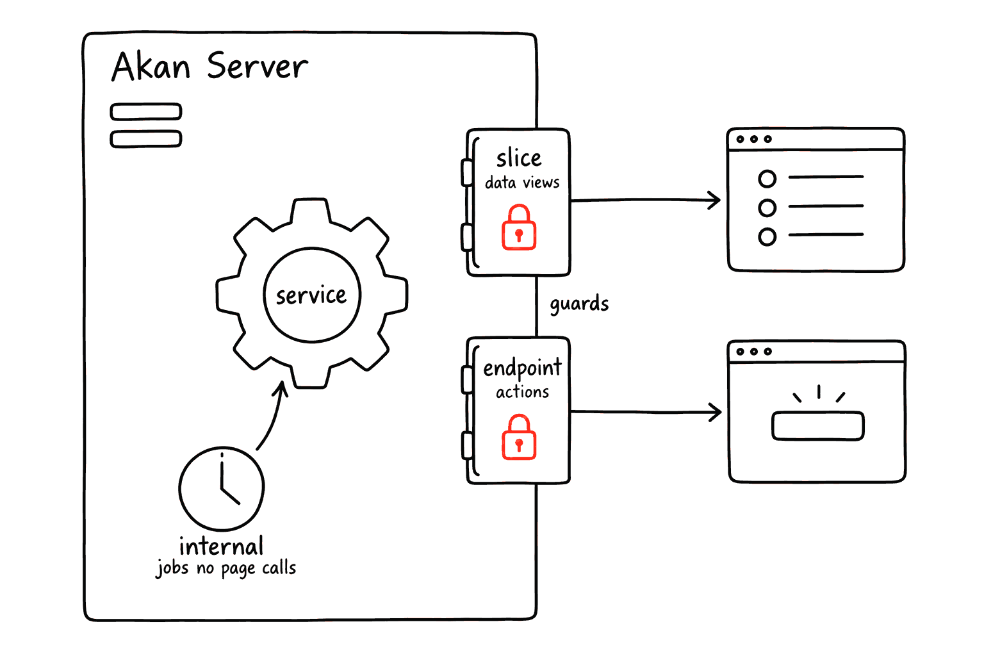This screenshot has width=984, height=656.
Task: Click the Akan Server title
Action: tap(209, 66)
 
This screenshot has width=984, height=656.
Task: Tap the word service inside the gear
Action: tap(311, 295)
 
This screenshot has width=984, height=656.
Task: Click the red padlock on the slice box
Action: tap(519, 227)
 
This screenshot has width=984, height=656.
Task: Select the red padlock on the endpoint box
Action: tap(519, 437)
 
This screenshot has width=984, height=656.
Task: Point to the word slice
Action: tap(519, 158)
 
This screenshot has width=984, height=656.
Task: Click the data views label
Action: tap(522, 182)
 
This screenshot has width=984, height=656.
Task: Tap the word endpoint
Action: tap(522, 368)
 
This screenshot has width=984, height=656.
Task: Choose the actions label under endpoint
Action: tap(522, 391)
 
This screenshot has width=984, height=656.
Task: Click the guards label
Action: tap(579, 304)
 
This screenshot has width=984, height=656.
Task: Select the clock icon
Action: tap(222, 488)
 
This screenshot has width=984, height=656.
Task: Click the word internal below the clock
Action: tap(222, 546)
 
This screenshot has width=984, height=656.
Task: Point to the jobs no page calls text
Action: tap(225, 568)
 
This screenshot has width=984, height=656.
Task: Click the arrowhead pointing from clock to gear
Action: tap(281, 388)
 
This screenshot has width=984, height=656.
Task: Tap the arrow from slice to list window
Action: tap(646, 200)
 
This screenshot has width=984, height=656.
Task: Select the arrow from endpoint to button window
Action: tap(646, 412)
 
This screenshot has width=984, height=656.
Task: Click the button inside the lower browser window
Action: tap(818, 425)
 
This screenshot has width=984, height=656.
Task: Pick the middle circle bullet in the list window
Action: tap(767, 208)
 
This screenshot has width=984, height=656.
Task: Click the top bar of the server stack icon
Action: tap(146, 111)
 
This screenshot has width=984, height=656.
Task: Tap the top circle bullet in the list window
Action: tap(767, 179)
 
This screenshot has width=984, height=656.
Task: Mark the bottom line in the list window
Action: tap(826, 234)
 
